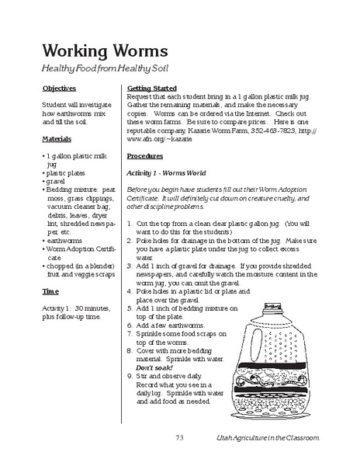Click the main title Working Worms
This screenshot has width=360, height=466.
[x=105, y=50]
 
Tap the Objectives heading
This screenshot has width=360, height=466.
[x=59, y=89]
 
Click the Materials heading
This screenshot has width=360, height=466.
[x=57, y=140]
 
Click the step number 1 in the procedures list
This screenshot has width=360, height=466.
[x=129, y=224]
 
